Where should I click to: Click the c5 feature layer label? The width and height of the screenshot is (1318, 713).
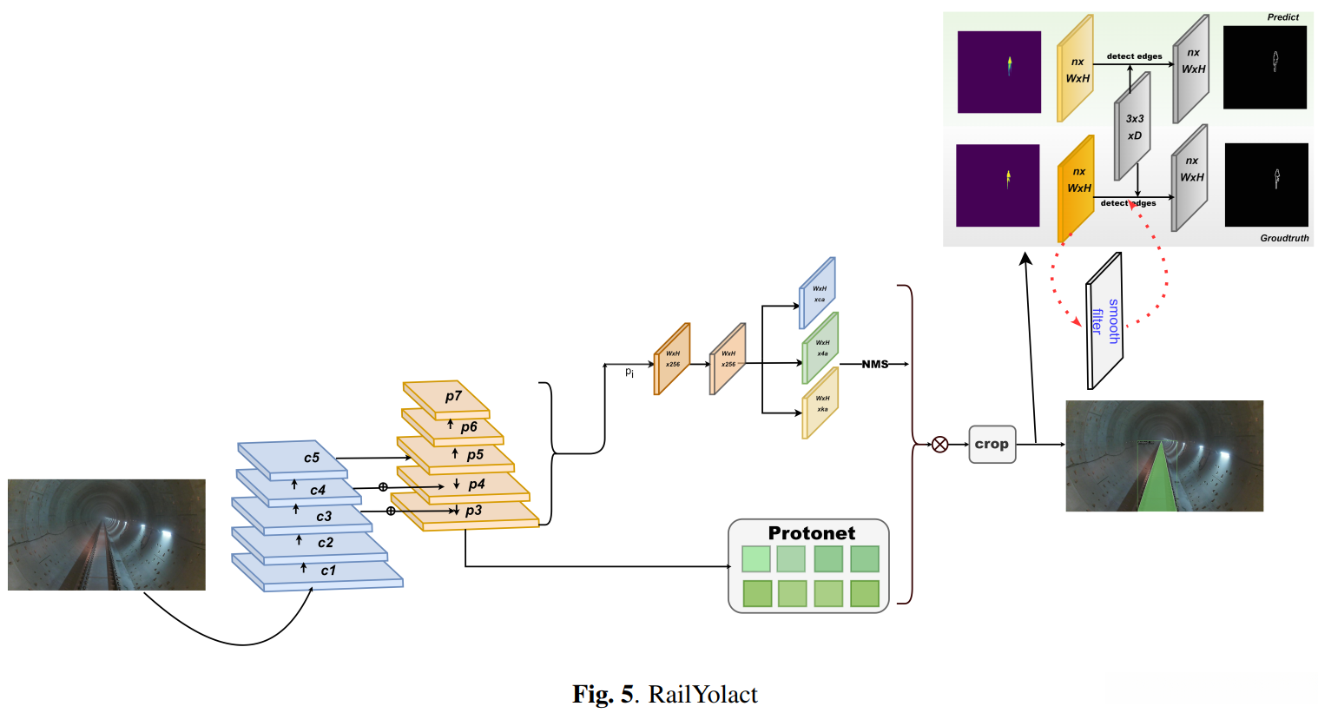[x=312, y=458]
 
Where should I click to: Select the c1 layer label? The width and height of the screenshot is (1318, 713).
[x=327, y=571]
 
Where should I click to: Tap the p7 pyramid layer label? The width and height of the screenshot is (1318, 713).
[x=453, y=396]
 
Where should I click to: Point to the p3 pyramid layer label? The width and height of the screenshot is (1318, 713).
[x=473, y=511]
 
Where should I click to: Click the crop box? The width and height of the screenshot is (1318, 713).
[x=992, y=445]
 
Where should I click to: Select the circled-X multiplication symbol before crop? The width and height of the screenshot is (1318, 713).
[x=939, y=445]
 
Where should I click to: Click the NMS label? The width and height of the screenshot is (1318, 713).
[x=875, y=364]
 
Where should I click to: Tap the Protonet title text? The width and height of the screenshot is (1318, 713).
[x=811, y=533]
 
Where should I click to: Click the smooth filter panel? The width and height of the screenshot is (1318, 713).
[x=1105, y=320]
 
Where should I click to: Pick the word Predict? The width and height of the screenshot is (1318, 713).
[x=1282, y=17]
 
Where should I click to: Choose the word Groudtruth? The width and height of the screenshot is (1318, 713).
[x=1284, y=238]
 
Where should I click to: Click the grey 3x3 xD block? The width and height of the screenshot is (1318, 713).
[x=1133, y=127]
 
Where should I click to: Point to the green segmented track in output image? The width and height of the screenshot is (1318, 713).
[x=1157, y=483]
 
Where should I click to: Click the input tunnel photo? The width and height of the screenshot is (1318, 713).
[x=107, y=535]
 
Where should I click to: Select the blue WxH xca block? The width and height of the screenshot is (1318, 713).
[x=818, y=293]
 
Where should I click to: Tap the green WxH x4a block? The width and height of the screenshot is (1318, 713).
[x=820, y=347]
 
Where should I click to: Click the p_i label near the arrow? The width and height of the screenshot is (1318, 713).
[x=629, y=373]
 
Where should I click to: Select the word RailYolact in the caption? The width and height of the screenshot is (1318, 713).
[x=702, y=695]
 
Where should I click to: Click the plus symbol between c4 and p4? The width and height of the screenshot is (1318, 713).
[x=383, y=487]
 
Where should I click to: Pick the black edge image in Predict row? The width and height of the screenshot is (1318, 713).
[x=1264, y=67]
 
